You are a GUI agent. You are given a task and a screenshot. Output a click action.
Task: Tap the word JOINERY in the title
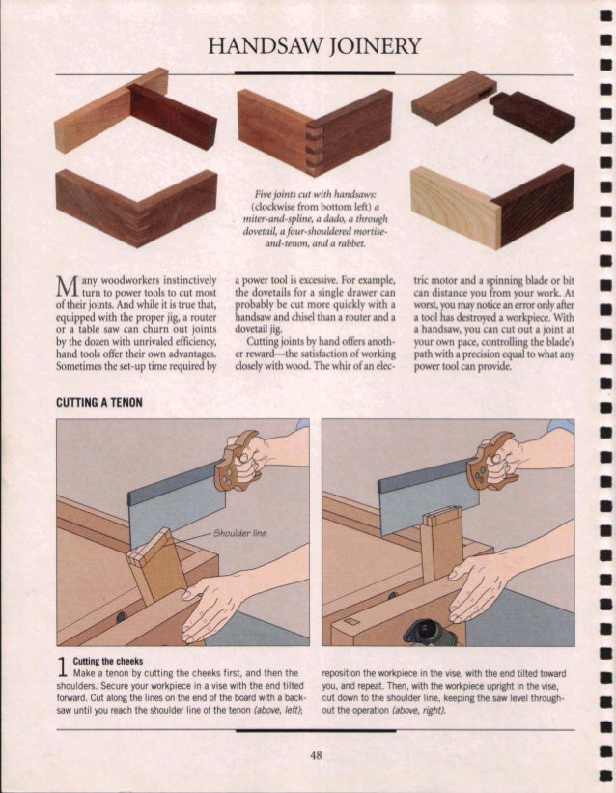click(376, 46)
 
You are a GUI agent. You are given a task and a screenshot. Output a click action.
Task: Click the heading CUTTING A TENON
click(99, 403)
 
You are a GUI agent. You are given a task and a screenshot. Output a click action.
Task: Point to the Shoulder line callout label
click(239, 533)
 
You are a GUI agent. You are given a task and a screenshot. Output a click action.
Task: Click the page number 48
click(316, 755)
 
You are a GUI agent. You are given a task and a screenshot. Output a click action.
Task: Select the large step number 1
click(62, 667)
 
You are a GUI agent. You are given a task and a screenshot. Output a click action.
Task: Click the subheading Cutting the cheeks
click(108, 661)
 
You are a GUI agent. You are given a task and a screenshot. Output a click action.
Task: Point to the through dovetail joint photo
click(315, 131)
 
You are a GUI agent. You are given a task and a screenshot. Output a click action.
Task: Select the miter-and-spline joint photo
click(136, 208)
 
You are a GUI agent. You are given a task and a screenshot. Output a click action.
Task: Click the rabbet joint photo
click(492, 207)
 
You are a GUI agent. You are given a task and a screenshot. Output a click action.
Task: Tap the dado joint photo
click(135, 110)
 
